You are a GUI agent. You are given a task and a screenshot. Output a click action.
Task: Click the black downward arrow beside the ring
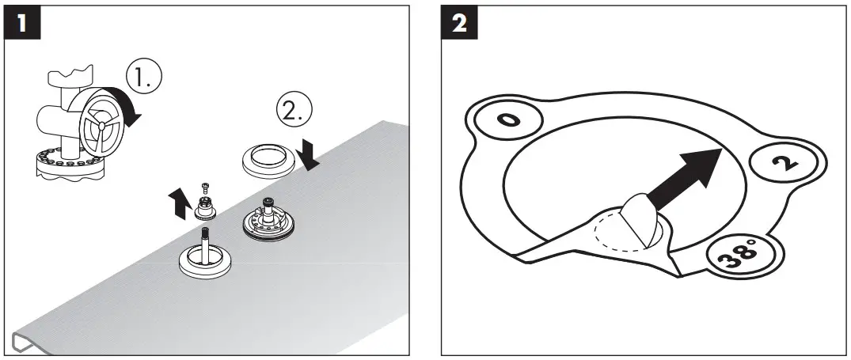pos(309,155)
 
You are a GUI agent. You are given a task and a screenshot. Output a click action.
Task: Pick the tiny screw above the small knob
pos(204,187)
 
